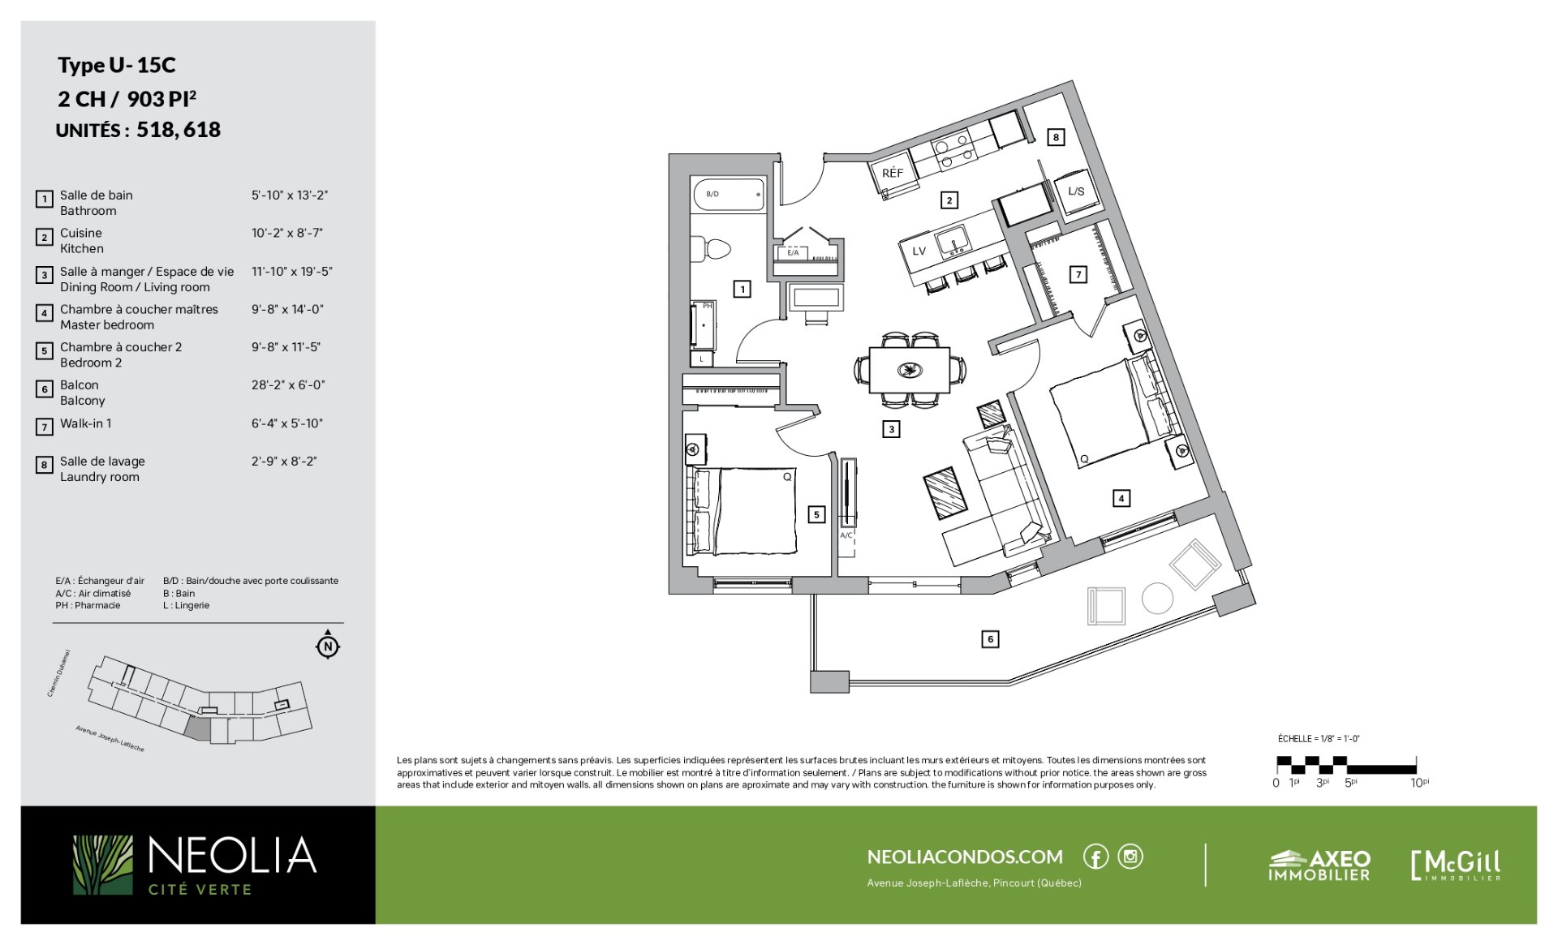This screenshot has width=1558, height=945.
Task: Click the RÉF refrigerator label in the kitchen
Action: pyautogui.click(x=892, y=173)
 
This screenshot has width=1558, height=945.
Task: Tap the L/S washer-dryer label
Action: pyautogui.click(x=1076, y=191)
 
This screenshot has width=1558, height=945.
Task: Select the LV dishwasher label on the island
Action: pyautogui.click(x=919, y=251)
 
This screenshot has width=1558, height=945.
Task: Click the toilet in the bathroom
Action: pyautogui.click(x=711, y=248)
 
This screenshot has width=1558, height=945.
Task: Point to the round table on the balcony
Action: pyautogui.click(x=1157, y=599)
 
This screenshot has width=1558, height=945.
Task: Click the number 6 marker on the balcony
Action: pyautogui.click(x=990, y=639)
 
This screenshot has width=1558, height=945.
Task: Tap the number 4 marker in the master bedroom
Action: pyautogui.click(x=1121, y=498)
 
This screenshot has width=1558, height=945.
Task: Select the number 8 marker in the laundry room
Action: pyautogui.click(x=1056, y=137)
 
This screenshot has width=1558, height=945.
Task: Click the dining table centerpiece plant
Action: pyautogui.click(x=910, y=371)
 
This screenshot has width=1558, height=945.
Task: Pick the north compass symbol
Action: pyautogui.click(x=328, y=646)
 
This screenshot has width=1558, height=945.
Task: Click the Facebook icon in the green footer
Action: pyautogui.click(x=1095, y=857)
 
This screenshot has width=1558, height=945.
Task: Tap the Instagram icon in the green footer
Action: pyautogui.click(x=1130, y=857)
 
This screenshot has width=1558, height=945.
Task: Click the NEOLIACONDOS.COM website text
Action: pyautogui.click(x=965, y=857)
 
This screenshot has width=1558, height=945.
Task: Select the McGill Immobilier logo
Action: pyautogui.click(x=1456, y=865)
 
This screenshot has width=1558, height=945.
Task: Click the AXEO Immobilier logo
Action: pyautogui.click(x=1319, y=866)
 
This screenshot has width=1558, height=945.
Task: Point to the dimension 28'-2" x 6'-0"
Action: pyautogui.click(x=288, y=384)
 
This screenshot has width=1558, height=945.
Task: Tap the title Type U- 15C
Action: pyautogui.click(x=116, y=65)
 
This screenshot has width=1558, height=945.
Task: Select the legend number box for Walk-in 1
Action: pyautogui.click(x=45, y=427)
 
